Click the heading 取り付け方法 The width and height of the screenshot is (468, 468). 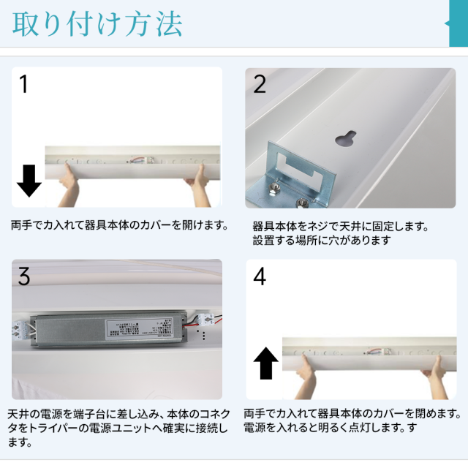pos(97,24)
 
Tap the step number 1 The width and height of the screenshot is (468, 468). pos(23,84)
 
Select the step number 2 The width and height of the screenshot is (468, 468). pos(259,84)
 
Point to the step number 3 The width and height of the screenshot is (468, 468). pos(24,276)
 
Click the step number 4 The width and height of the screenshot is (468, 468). pos(260,276)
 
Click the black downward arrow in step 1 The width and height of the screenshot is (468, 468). pos(29,181)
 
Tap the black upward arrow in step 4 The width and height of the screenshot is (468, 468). pos(265,363)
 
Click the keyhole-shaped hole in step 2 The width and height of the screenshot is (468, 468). pos(346,138)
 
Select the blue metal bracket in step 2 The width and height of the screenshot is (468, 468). pos(290,177)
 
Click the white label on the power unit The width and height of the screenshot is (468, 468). pos(140,329)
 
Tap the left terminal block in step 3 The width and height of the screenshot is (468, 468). pos(21,331)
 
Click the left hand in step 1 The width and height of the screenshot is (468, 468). pos(68,186)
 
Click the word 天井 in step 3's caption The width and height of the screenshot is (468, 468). pos(18,415)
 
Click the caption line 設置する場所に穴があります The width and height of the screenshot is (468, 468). pos(322,241)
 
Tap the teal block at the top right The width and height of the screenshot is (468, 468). pos(458,23)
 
